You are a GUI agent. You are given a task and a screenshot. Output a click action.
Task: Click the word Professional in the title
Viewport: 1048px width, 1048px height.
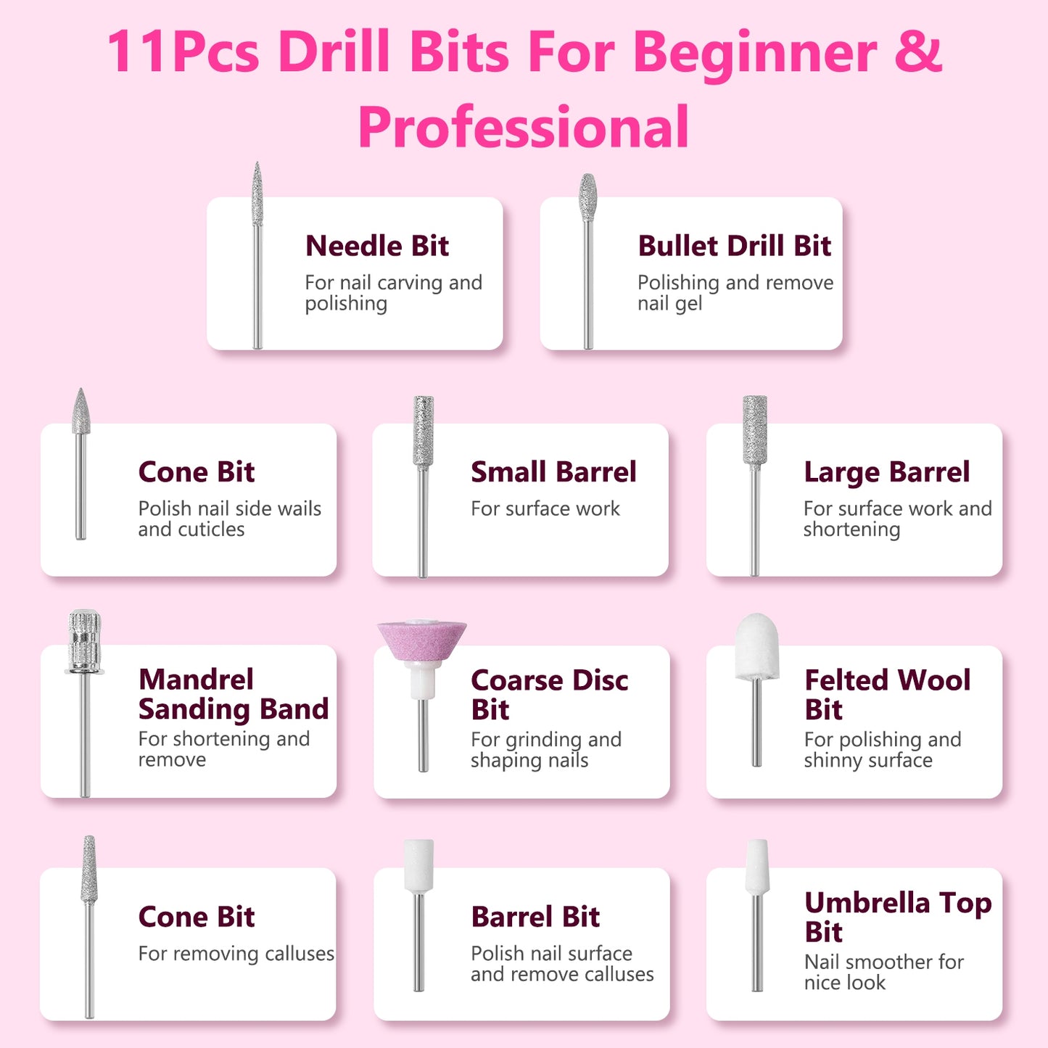[x=523, y=127]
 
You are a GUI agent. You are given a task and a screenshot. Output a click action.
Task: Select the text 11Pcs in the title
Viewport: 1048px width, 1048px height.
[x=183, y=52]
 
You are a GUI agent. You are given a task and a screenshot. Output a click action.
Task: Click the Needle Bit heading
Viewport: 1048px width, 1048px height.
[x=377, y=246]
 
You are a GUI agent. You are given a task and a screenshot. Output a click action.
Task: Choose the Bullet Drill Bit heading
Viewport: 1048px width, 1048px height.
[x=734, y=246]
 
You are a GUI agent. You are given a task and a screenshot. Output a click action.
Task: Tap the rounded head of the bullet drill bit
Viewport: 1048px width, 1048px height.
[x=587, y=196]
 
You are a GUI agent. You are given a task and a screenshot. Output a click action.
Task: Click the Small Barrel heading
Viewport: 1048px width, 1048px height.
[x=553, y=472]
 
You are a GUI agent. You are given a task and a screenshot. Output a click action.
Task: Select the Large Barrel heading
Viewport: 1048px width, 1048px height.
[x=886, y=472]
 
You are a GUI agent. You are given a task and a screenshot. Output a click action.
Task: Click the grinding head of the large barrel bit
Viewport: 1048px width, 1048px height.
[x=754, y=430]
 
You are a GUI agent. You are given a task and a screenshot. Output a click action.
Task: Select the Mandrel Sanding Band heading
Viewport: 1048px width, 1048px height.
[x=233, y=694]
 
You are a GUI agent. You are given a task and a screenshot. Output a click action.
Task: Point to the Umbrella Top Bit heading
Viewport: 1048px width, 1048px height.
[x=898, y=917]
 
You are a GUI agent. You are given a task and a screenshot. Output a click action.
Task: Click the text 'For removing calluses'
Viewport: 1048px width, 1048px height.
[x=236, y=953]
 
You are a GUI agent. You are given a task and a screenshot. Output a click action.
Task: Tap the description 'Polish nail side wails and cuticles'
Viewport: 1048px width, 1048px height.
[x=229, y=519]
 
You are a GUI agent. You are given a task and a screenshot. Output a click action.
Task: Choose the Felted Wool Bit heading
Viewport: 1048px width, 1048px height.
[x=887, y=694]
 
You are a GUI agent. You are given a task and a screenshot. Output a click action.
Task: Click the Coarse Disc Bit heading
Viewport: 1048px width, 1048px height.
[x=549, y=694]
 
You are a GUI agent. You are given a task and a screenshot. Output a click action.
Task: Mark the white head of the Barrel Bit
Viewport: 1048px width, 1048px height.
[x=418, y=865]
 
